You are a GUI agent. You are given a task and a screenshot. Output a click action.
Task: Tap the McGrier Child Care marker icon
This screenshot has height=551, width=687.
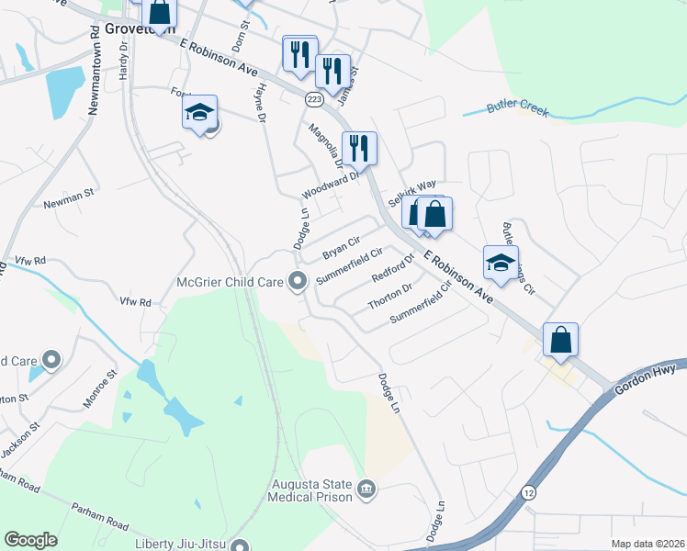[x=297, y=282]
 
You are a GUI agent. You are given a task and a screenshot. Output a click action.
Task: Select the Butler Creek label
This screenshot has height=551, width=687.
[x=517, y=109]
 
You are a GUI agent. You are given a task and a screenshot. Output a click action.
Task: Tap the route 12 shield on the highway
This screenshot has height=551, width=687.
[x=529, y=492]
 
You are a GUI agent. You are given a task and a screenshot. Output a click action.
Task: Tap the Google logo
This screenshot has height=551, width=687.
[x=30, y=540]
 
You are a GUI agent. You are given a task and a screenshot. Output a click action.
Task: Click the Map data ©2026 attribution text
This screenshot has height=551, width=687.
[x=647, y=544]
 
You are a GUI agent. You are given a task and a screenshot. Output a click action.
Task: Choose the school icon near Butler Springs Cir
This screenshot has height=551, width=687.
[x=501, y=262]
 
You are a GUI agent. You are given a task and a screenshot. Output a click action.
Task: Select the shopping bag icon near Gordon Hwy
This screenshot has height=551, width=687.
[x=559, y=340]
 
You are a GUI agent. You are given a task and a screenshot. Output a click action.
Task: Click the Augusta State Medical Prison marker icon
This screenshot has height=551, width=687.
[x=366, y=487]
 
